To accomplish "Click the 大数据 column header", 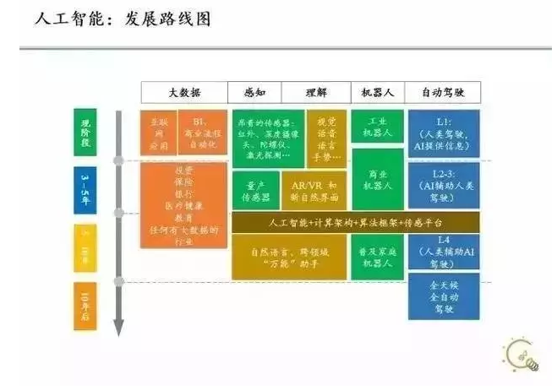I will point(183,92).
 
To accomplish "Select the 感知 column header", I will point(254,92).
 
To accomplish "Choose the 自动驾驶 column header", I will point(442,92).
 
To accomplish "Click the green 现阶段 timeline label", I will point(85,133).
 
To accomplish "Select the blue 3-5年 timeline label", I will point(85,191).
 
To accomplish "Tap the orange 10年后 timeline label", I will point(85,305).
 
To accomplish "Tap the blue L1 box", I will point(443,133).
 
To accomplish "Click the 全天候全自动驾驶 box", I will point(443,297).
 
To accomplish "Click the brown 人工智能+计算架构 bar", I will point(354,222).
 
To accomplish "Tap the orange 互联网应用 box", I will point(158,133).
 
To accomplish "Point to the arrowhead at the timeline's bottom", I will point(119,329).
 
